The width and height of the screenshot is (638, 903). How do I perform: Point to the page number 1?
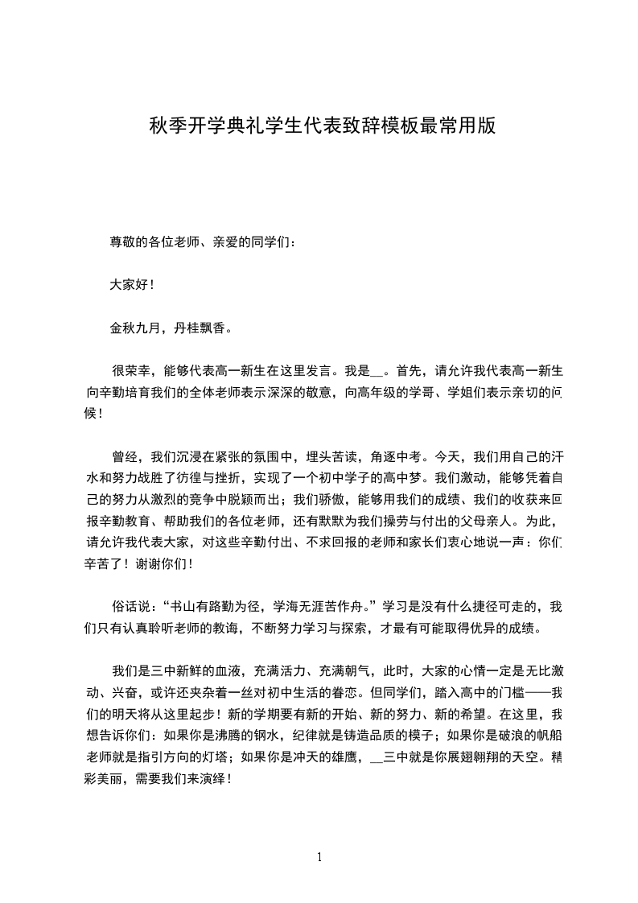[x=319, y=857]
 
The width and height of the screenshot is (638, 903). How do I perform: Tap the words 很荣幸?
[x=130, y=371]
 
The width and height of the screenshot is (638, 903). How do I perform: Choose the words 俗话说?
[x=130, y=606]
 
